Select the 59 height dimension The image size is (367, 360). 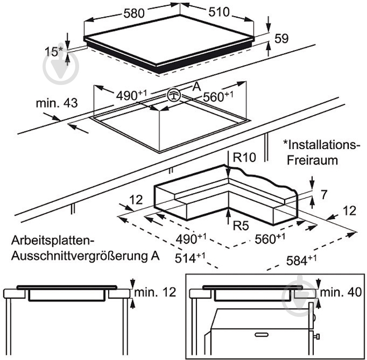pyautogui.click(x=281, y=39)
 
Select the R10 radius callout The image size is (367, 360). pyautogui.click(x=245, y=158)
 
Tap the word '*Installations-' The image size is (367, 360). pyautogui.click(x=321, y=145)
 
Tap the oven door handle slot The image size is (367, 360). pyautogui.click(x=263, y=335)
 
